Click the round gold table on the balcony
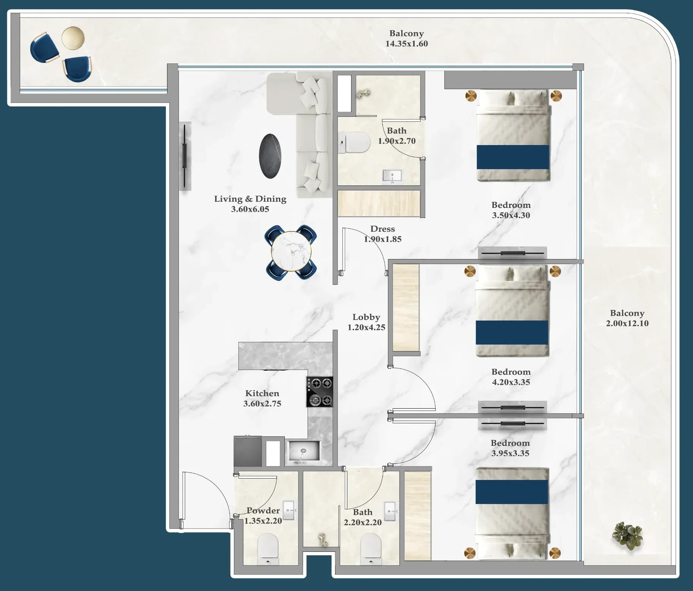(73, 38)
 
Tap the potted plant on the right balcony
(627, 535)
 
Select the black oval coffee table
(270, 156)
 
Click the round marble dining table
(291, 251)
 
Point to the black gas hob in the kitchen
(320, 392)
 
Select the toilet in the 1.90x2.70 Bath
(354, 142)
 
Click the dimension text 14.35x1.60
(407, 44)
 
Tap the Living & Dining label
(250, 199)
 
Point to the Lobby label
(366, 317)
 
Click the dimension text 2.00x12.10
(627, 323)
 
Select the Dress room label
(383, 229)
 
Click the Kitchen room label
(262, 393)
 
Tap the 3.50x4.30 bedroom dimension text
(511, 215)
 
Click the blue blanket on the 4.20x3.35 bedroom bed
(512, 332)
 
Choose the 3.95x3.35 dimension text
(510, 453)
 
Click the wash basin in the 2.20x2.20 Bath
(390, 511)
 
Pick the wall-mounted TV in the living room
(185, 156)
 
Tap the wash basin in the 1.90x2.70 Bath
(392, 176)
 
